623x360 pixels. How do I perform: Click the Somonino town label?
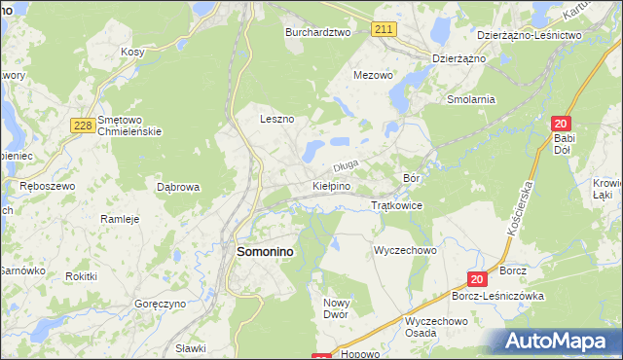(266, 251)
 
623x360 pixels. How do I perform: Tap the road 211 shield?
(384, 30)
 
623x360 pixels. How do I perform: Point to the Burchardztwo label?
(316, 32)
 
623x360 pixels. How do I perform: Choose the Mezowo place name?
(373, 74)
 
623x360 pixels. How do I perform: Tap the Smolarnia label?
(471, 99)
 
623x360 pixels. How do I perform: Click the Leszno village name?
(276, 119)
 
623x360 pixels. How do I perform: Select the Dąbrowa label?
(178, 186)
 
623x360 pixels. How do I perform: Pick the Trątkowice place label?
(396, 206)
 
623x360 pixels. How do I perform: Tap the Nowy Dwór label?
(335, 309)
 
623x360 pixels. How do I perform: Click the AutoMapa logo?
(559, 342)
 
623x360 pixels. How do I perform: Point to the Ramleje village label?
(121, 219)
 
